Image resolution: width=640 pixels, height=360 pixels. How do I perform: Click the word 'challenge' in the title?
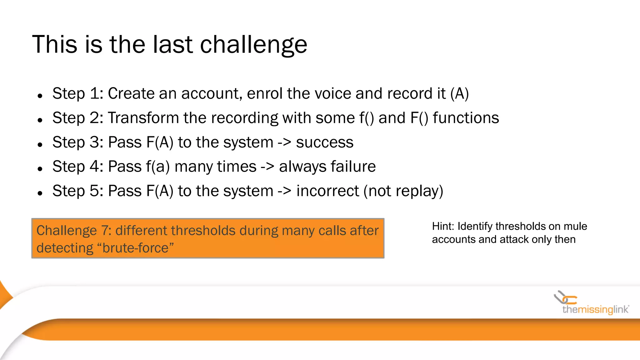coord(253,45)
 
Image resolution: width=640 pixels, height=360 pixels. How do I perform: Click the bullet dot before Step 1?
coord(40,96)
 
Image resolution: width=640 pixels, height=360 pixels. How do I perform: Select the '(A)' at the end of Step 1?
coord(459,93)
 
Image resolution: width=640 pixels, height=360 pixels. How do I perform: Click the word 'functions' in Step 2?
coord(466,118)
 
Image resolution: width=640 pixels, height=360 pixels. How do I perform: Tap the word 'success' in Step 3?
coord(324,142)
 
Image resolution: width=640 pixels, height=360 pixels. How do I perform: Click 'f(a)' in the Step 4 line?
coord(157,167)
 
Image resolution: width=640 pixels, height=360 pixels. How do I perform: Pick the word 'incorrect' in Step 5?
coord(327,191)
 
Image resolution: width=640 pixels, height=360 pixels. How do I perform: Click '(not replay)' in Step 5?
coord(403,191)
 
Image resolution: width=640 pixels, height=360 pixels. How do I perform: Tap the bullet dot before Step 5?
coord(40,193)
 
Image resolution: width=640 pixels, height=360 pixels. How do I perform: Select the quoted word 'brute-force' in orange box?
coord(135,248)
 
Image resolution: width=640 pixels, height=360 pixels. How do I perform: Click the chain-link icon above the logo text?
coord(565,298)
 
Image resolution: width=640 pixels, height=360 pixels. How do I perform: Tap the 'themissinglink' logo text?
coord(595,310)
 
